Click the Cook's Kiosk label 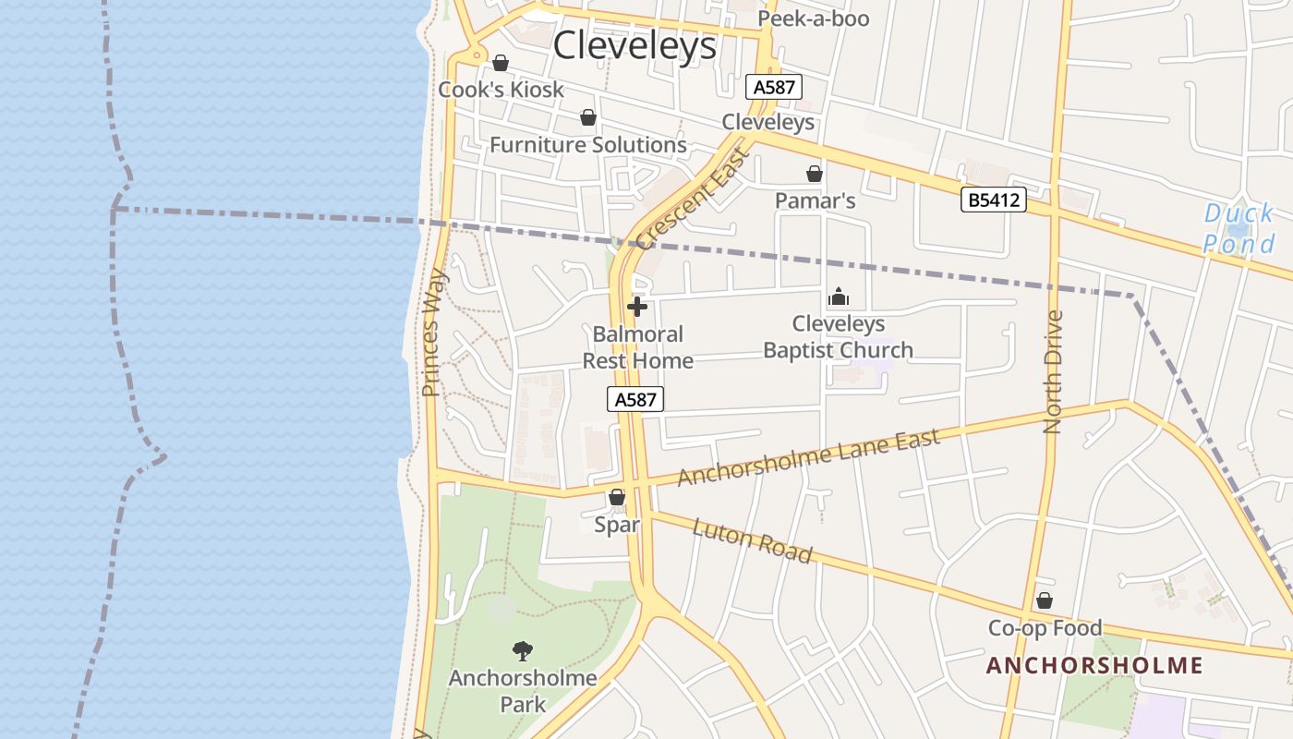(x=501, y=90)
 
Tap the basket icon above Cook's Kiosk (x=501, y=63)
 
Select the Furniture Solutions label (x=588, y=145)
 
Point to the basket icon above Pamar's (x=815, y=174)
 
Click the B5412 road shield (x=994, y=200)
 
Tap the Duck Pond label (x=1239, y=229)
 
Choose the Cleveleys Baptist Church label (x=839, y=337)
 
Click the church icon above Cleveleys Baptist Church (x=839, y=297)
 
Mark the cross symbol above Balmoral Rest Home (x=637, y=307)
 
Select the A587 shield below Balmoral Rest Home (x=635, y=399)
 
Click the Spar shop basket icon (x=617, y=498)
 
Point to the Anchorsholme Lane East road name (x=809, y=457)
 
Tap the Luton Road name (x=752, y=540)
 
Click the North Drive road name (x=1053, y=371)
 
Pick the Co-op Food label (x=1045, y=628)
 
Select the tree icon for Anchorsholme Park (x=523, y=651)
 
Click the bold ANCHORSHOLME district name (x=1094, y=666)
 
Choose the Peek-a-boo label (x=814, y=18)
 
